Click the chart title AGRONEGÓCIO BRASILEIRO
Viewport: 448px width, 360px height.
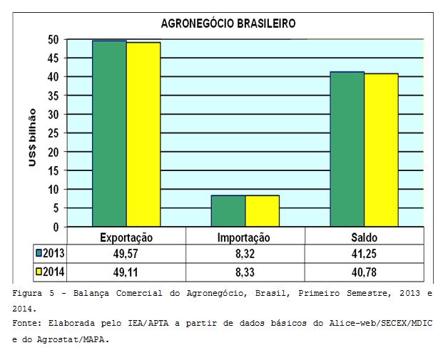[x=228, y=24]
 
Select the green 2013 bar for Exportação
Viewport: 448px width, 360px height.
[x=109, y=134]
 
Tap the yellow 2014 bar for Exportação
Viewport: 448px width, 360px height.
[x=143, y=135]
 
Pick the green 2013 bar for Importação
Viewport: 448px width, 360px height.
[x=228, y=211]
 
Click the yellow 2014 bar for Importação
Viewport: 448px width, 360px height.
[x=263, y=211]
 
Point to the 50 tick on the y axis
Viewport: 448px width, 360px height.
[x=54, y=39]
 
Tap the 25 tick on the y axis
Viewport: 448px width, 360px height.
[x=54, y=133]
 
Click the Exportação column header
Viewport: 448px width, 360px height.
[x=126, y=237]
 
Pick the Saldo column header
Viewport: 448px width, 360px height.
[x=364, y=237]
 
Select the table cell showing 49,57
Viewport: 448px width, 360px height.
[x=126, y=254]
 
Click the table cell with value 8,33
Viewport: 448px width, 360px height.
[x=245, y=272]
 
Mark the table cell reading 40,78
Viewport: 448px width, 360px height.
[x=364, y=272]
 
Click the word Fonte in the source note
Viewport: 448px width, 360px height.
[x=26, y=323]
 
